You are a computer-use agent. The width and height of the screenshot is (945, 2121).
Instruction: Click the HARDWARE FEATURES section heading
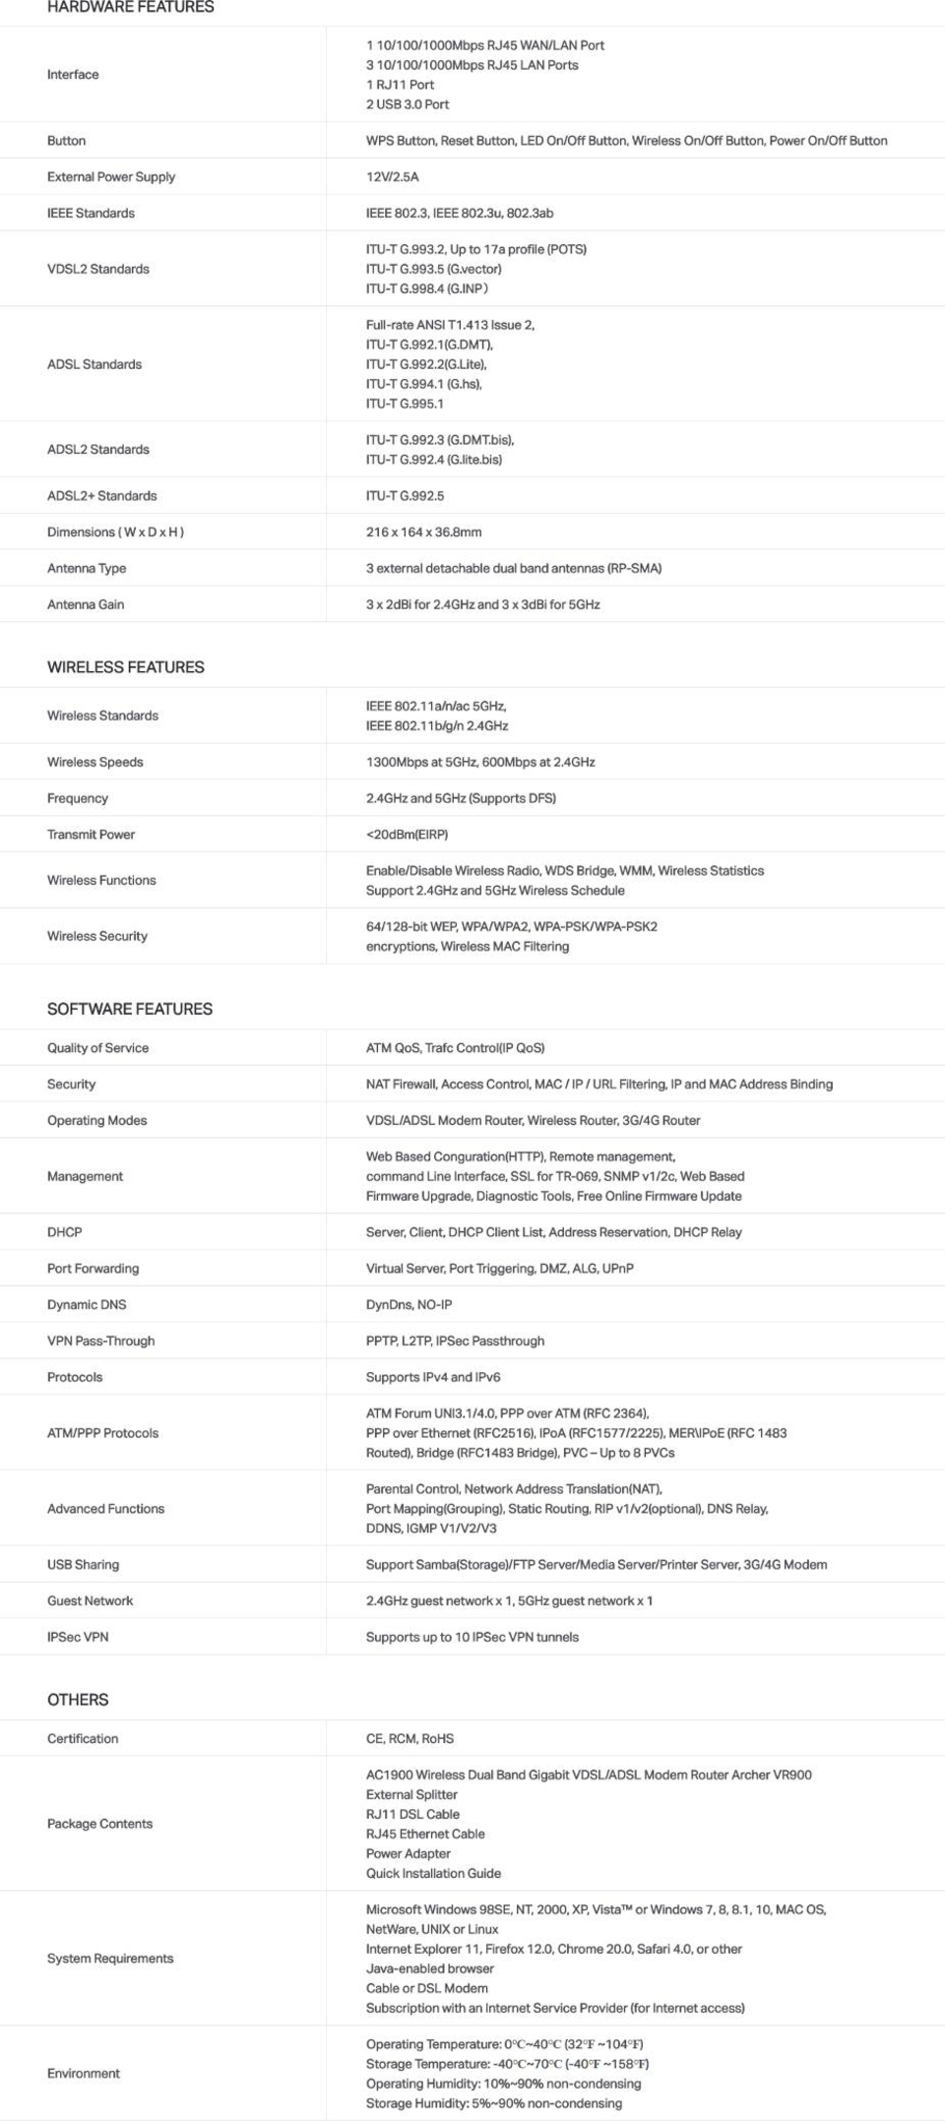pyautogui.click(x=130, y=7)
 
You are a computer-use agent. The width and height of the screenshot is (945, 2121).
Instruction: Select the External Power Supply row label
pyautogui.click(x=111, y=177)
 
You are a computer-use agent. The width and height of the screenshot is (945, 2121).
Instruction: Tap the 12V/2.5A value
pyautogui.click(x=392, y=177)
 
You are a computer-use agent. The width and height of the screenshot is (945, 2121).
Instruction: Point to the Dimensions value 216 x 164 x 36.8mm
pyautogui.click(x=423, y=532)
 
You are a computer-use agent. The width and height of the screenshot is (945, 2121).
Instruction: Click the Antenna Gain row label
pyautogui.click(x=86, y=605)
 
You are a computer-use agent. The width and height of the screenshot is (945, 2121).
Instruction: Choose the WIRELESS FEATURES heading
pyautogui.click(x=126, y=667)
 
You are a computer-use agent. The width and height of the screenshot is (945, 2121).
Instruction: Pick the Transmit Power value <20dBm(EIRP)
pyautogui.click(x=407, y=835)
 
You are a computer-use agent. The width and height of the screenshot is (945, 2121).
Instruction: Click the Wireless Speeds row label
pyautogui.click(x=95, y=763)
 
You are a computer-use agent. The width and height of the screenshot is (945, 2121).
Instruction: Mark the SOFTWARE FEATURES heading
pyautogui.click(x=130, y=1010)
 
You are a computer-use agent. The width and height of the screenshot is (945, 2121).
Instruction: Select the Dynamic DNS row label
pyautogui.click(x=87, y=1305)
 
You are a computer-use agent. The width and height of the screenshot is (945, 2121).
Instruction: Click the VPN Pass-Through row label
pyautogui.click(x=100, y=1341)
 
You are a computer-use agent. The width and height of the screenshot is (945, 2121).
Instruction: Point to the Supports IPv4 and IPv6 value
pyautogui.click(x=433, y=1378)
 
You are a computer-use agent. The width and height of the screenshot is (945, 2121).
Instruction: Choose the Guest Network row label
pyautogui.click(x=90, y=1601)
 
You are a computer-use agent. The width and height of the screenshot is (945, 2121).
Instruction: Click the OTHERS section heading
pyautogui.click(x=78, y=1700)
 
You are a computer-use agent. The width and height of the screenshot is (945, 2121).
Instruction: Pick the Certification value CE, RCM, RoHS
pyautogui.click(x=409, y=1739)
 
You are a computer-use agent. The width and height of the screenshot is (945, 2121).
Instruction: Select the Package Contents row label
pyautogui.click(x=99, y=1824)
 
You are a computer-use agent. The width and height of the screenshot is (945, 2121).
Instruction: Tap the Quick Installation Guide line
pyautogui.click(x=433, y=1874)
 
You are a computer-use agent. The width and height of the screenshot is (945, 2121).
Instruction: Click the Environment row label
pyautogui.click(x=84, y=2074)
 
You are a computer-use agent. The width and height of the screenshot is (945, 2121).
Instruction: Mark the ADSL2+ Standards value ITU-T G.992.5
pyautogui.click(x=405, y=496)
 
